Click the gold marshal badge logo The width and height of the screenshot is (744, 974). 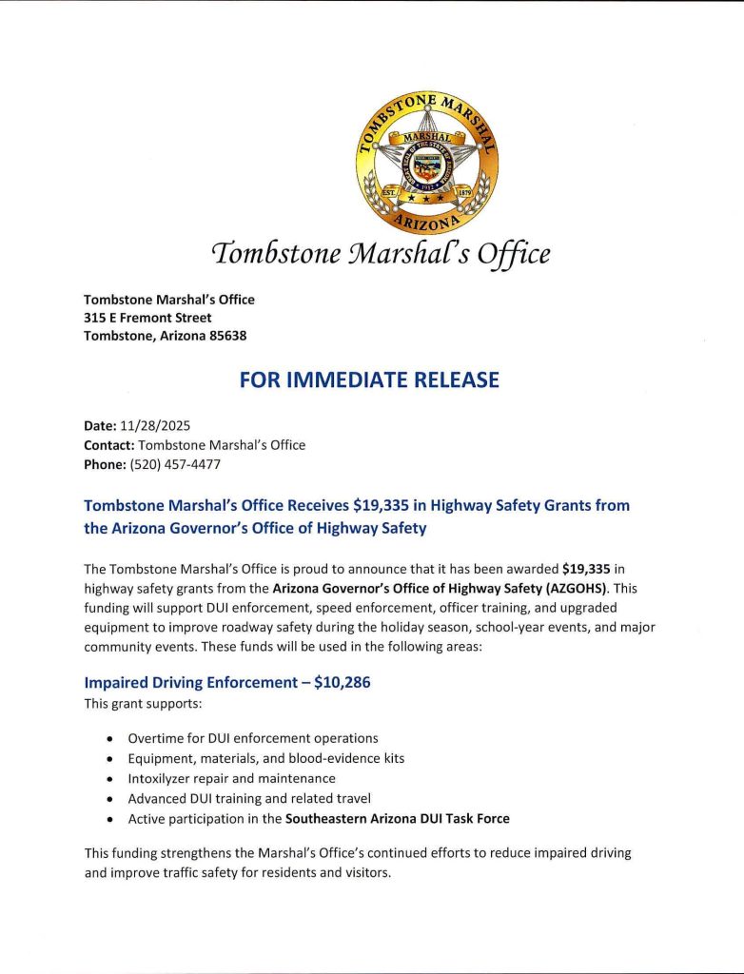tap(427, 164)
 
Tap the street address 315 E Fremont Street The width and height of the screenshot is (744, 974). tap(147, 318)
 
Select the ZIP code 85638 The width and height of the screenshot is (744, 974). tap(229, 336)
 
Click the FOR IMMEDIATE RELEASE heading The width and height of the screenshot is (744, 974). tap(369, 380)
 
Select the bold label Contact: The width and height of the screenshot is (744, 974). tap(108, 444)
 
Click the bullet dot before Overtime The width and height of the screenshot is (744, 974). tap(112, 739)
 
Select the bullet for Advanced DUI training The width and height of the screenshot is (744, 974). tap(112, 799)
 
